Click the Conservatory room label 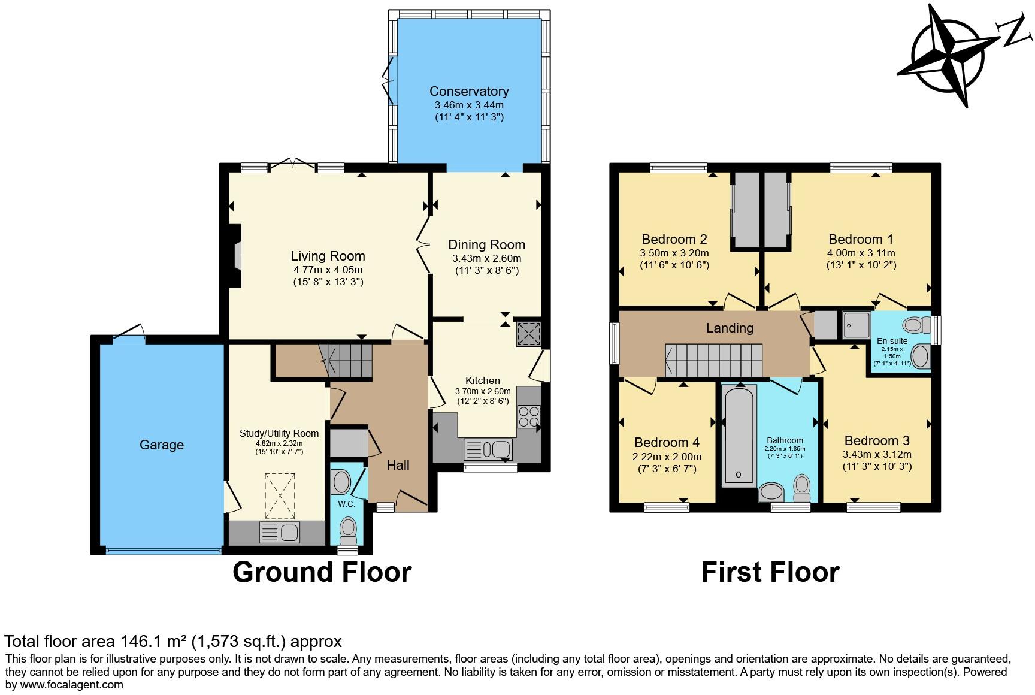point(469,91)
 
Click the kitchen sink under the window point(488,449)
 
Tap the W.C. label point(346,504)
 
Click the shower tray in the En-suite point(856,324)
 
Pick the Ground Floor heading point(322,572)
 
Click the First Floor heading point(770,572)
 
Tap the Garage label point(162,445)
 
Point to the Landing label point(729,328)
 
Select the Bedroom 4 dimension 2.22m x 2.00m point(667,457)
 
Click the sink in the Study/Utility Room point(279,533)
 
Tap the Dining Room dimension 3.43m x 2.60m point(486,259)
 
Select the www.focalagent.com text point(72,684)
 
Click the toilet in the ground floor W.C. point(348,530)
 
